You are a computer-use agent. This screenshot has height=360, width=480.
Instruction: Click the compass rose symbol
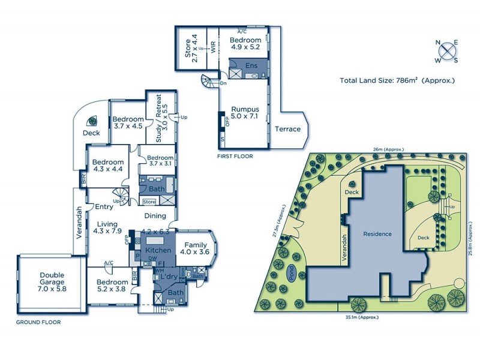point(446,51)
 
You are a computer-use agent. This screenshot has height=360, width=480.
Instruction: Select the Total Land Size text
point(397,80)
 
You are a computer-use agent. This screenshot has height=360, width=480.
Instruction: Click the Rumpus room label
point(245,113)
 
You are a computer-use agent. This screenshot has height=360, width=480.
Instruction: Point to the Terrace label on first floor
point(287,129)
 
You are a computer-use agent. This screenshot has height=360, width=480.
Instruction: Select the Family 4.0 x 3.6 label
point(196,248)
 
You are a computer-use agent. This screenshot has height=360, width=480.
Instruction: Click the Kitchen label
point(158,250)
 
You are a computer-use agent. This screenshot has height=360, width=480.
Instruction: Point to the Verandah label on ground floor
point(79,223)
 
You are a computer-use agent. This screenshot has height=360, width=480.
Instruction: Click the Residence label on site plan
point(376,234)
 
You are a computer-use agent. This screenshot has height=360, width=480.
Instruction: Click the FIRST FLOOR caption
point(235,156)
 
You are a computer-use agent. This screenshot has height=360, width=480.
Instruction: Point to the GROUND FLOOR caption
point(39,322)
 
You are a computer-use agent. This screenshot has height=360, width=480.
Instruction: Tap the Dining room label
point(155,216)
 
